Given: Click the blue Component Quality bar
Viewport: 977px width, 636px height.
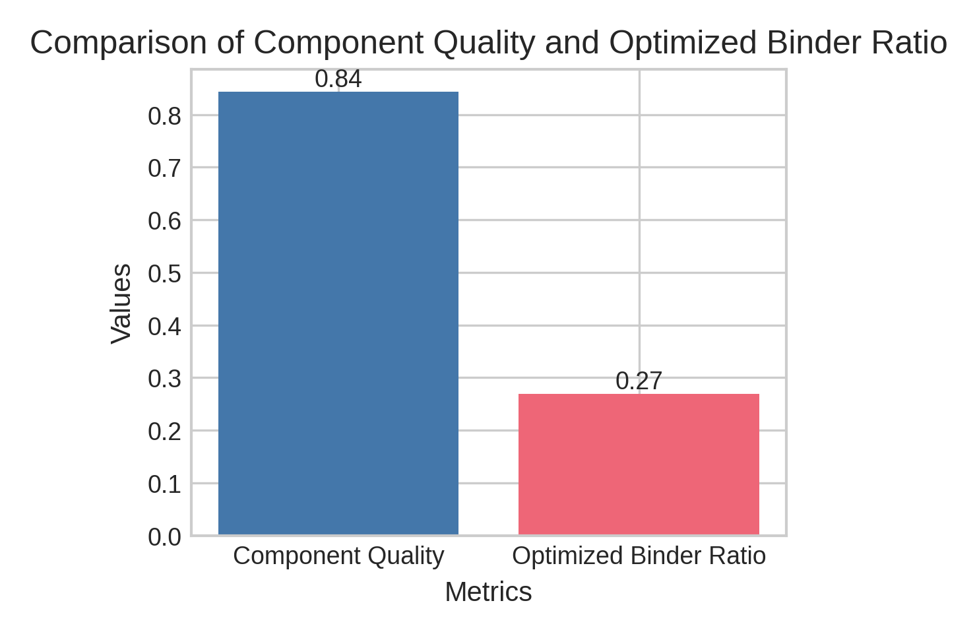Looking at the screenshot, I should click(338, 313).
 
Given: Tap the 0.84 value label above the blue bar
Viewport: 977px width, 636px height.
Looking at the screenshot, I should click(338, 79).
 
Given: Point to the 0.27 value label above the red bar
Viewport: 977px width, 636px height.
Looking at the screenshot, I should click(639, 381).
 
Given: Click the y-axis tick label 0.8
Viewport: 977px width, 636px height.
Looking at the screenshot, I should click(164, 116).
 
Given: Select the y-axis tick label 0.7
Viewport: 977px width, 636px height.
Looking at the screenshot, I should click(164, 169).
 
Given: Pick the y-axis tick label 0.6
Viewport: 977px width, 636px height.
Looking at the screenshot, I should click(164, 221).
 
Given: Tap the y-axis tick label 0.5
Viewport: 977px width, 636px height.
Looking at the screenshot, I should click(164, 274).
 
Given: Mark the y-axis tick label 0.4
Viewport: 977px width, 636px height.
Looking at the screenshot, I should click(164, 327).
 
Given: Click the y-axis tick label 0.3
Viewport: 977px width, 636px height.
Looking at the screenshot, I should click(164, 379).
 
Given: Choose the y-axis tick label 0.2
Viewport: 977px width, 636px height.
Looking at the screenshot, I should click(164, 432).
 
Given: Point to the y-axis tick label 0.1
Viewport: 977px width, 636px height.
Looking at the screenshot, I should click(164, 485).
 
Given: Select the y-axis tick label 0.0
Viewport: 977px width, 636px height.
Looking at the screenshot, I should click(164, 537).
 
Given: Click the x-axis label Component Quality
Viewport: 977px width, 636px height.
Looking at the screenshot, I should click(338, 556).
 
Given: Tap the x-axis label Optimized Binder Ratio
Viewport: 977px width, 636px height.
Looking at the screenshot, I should click(639, 556).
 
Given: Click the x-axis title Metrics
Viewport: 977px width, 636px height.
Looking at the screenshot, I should click(488, 592).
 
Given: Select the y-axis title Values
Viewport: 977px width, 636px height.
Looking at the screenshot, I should click(121, 303).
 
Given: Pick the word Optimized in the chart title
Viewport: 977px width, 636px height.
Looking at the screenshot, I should click(682, 44).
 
